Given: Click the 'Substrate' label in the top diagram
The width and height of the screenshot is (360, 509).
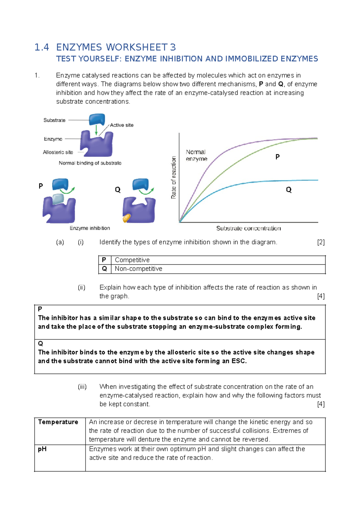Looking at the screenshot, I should click(54, 120).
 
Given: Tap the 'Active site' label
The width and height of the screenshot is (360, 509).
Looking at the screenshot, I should click(121, 125).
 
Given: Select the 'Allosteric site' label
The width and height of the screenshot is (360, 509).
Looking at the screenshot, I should click(58, 152).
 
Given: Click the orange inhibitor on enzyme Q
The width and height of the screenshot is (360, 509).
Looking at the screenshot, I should click(127, 218).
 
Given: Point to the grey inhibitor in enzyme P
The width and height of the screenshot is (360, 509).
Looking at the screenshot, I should click(58, 199).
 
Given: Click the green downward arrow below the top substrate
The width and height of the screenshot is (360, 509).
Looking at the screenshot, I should click(96, 130).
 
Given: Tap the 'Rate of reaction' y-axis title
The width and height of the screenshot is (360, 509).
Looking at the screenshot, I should click(173, 177).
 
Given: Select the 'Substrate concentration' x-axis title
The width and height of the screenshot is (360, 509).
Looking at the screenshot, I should click(248, 228).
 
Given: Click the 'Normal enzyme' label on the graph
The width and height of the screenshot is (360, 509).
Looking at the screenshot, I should click(196, 155).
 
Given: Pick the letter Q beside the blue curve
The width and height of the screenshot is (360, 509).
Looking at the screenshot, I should click(289, 190).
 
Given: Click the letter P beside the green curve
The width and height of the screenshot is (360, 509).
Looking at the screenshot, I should click(277, 157).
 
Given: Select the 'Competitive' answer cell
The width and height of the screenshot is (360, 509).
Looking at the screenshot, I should click(132, 260).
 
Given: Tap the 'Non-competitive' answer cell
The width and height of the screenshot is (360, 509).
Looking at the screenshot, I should click(138, 269).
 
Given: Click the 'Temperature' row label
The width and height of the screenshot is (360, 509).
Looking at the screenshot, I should click(58, 422).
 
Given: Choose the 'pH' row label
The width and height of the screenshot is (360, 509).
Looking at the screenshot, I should click(42, 449).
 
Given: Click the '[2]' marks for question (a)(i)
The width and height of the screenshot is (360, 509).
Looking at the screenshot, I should click(321, 242).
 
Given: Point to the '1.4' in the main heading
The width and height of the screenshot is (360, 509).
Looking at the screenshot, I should click(42, 47).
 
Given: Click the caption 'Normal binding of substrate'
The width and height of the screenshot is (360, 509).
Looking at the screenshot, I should click(90, 163).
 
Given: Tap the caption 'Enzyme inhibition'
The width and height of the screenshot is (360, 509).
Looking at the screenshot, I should click(90, 228).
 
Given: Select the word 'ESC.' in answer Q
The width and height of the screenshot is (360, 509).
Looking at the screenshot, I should click(239, 361).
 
